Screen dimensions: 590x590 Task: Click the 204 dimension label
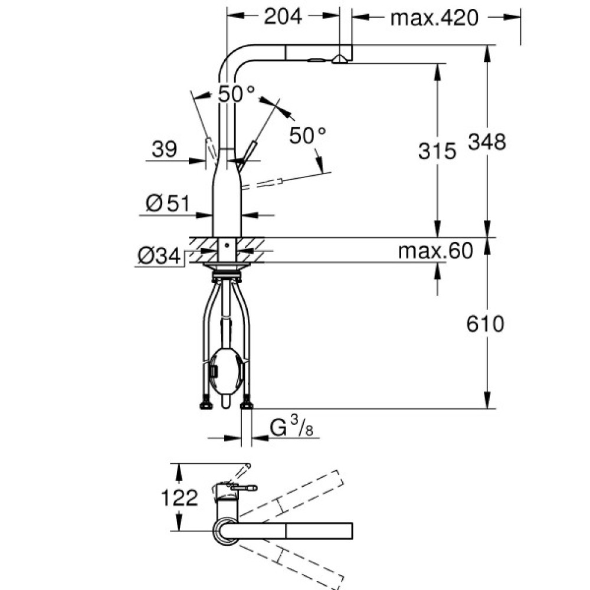pos(283,17)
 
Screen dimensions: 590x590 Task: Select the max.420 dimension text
pos(435,18)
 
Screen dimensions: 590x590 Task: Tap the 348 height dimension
pos(487,142)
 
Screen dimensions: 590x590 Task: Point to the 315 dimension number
pos(437,151)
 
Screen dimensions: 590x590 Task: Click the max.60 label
pos(435,251)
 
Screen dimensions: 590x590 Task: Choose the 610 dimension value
pos(485,323)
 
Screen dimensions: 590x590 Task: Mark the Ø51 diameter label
pos(168,204)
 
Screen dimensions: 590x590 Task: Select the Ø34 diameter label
pos(159,257)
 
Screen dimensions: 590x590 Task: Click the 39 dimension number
pos(165,149)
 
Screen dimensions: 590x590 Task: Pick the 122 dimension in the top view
pos(179,497)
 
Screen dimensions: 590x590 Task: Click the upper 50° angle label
pos(237,94)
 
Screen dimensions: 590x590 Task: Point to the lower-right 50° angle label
pos(307,135)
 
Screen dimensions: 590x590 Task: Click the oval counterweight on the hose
pos(226,371)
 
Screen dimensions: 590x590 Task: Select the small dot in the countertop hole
pos(227,245)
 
